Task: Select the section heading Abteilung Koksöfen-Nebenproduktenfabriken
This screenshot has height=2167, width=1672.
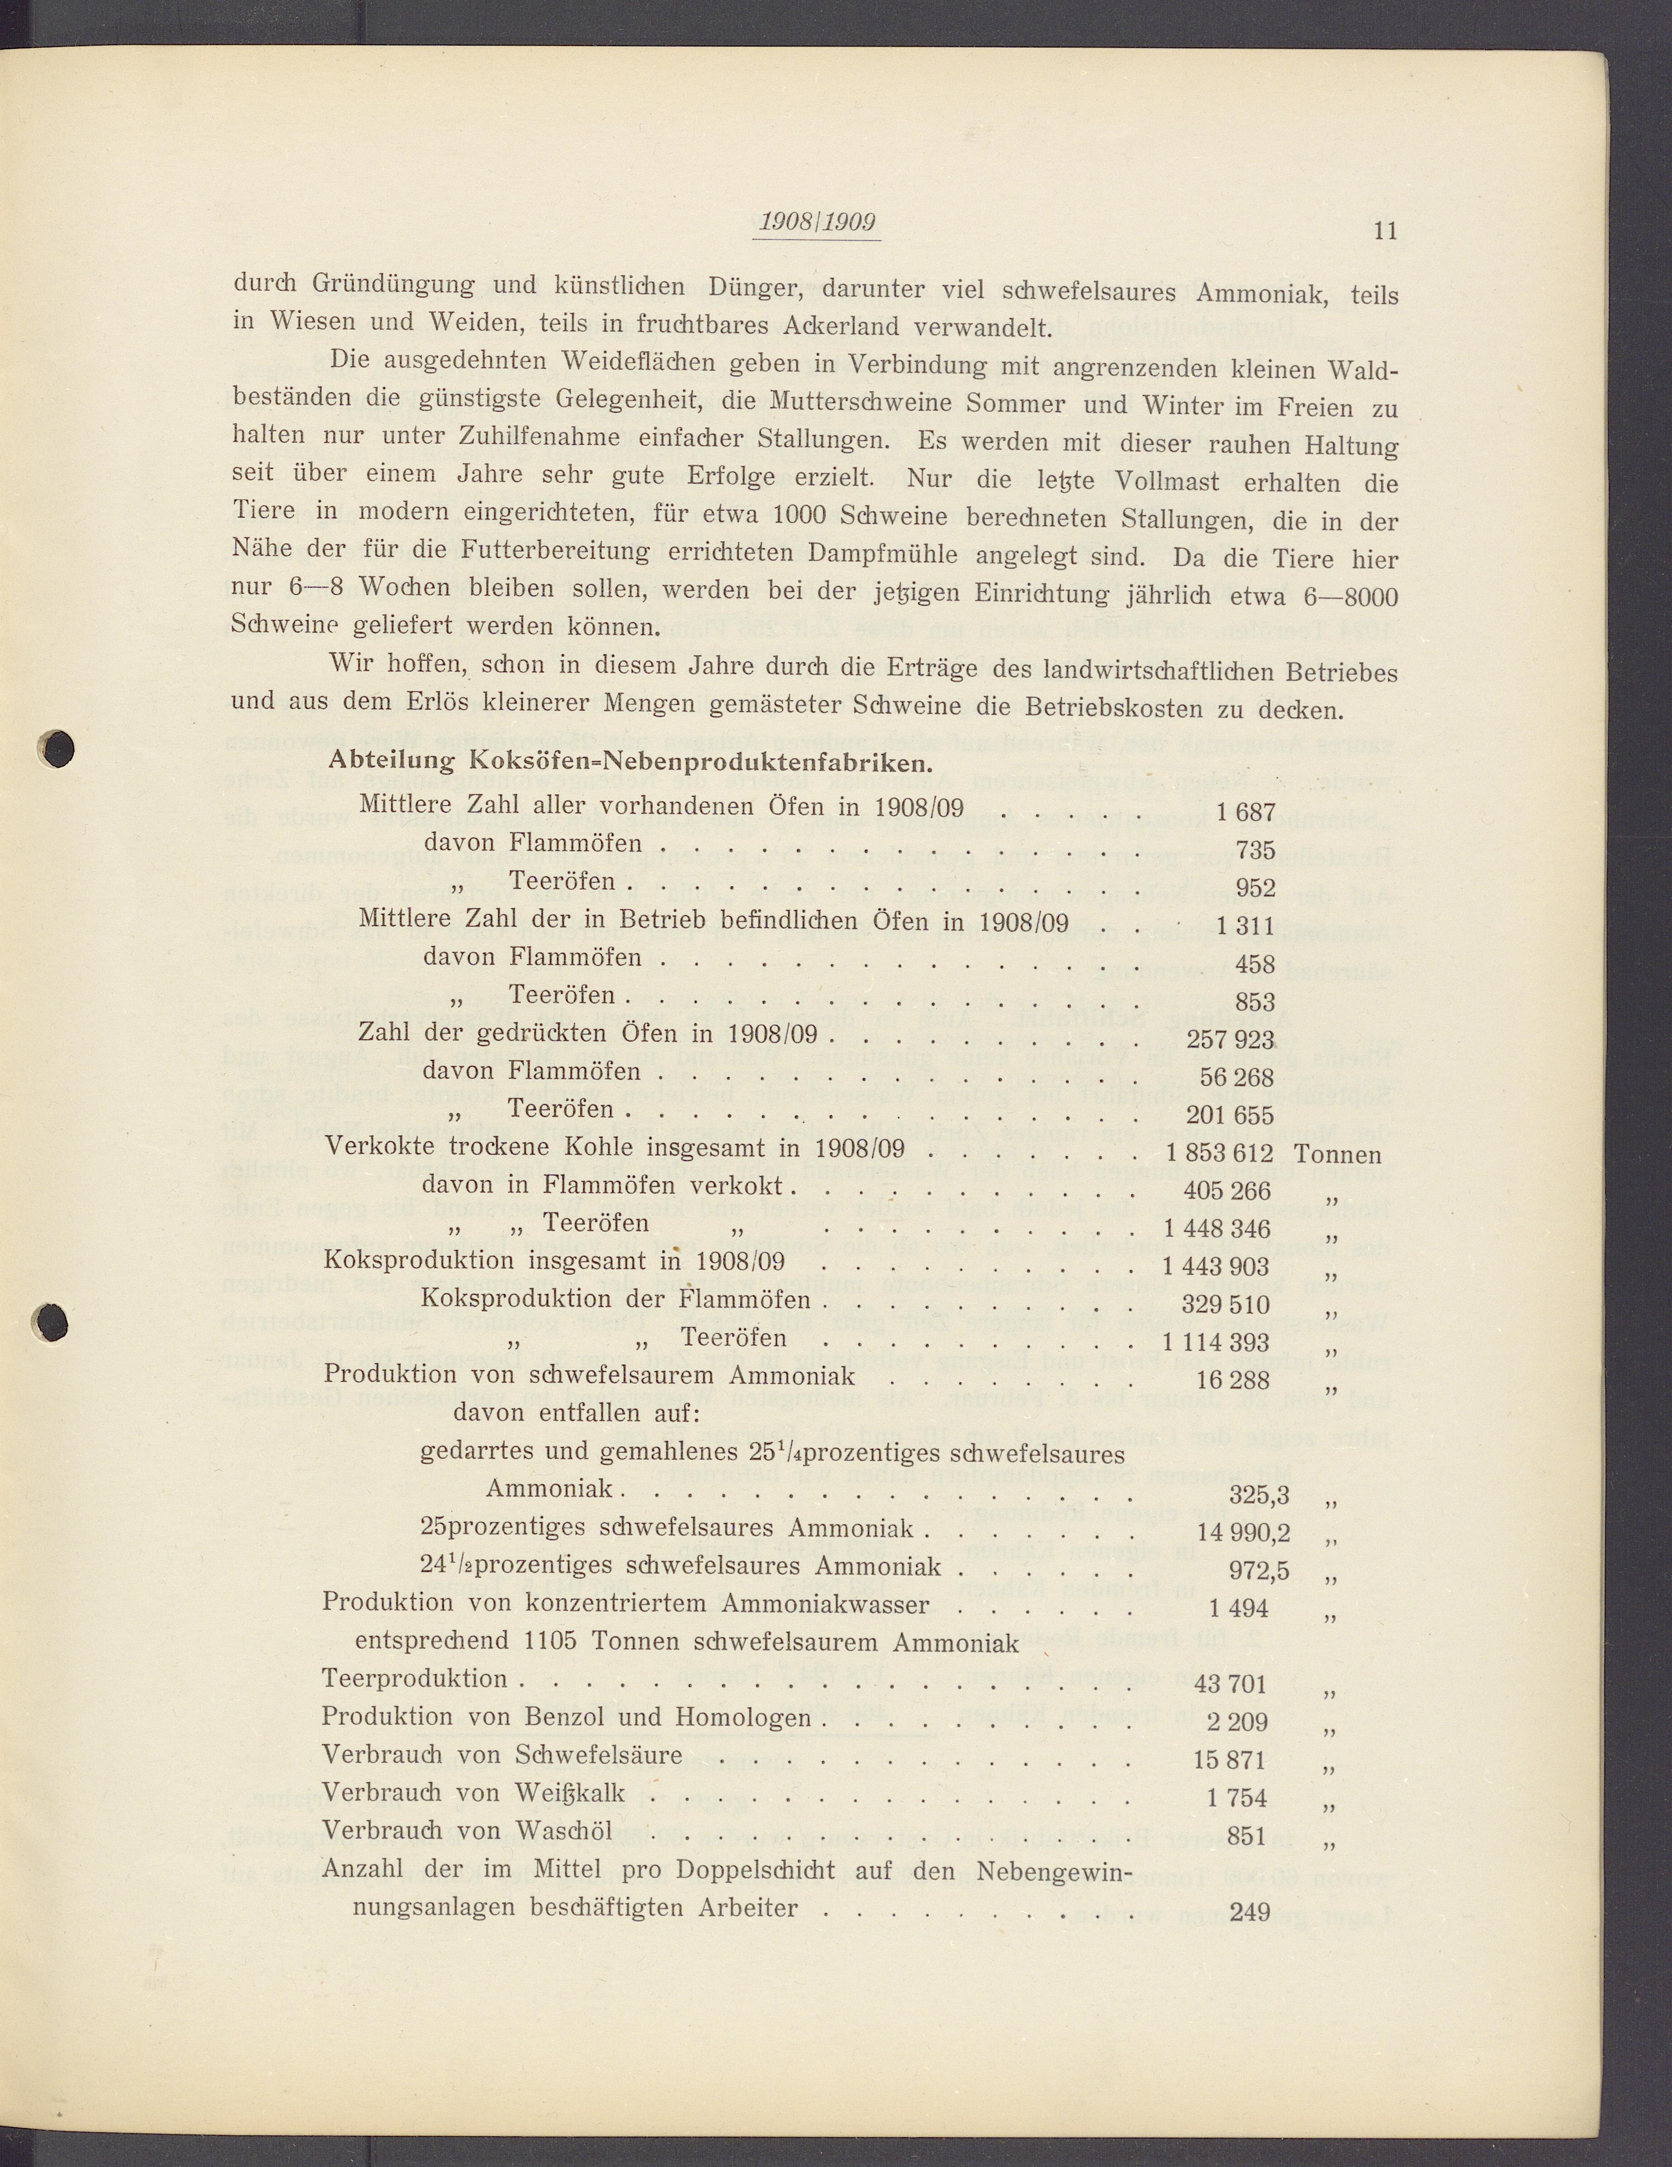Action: click(x=630, y=762)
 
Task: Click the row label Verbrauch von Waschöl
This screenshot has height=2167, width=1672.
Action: click(x=467, y=1831)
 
